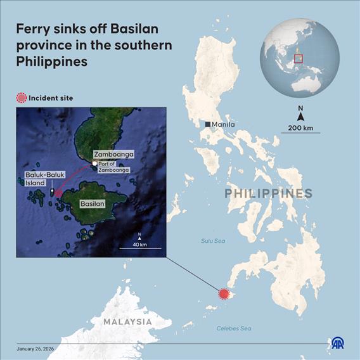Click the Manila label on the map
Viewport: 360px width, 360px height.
224,124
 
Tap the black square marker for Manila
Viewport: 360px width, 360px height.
208,124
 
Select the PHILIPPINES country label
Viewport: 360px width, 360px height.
269,193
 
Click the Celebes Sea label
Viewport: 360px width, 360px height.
234,328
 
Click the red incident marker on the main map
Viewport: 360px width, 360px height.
223,293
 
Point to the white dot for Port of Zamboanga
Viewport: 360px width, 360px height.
94,164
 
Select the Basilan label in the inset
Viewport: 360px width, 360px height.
92,205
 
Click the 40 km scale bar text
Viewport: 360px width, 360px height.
139,244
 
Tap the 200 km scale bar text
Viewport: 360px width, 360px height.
301,127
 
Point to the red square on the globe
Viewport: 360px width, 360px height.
299,59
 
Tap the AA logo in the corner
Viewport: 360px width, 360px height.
339,343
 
